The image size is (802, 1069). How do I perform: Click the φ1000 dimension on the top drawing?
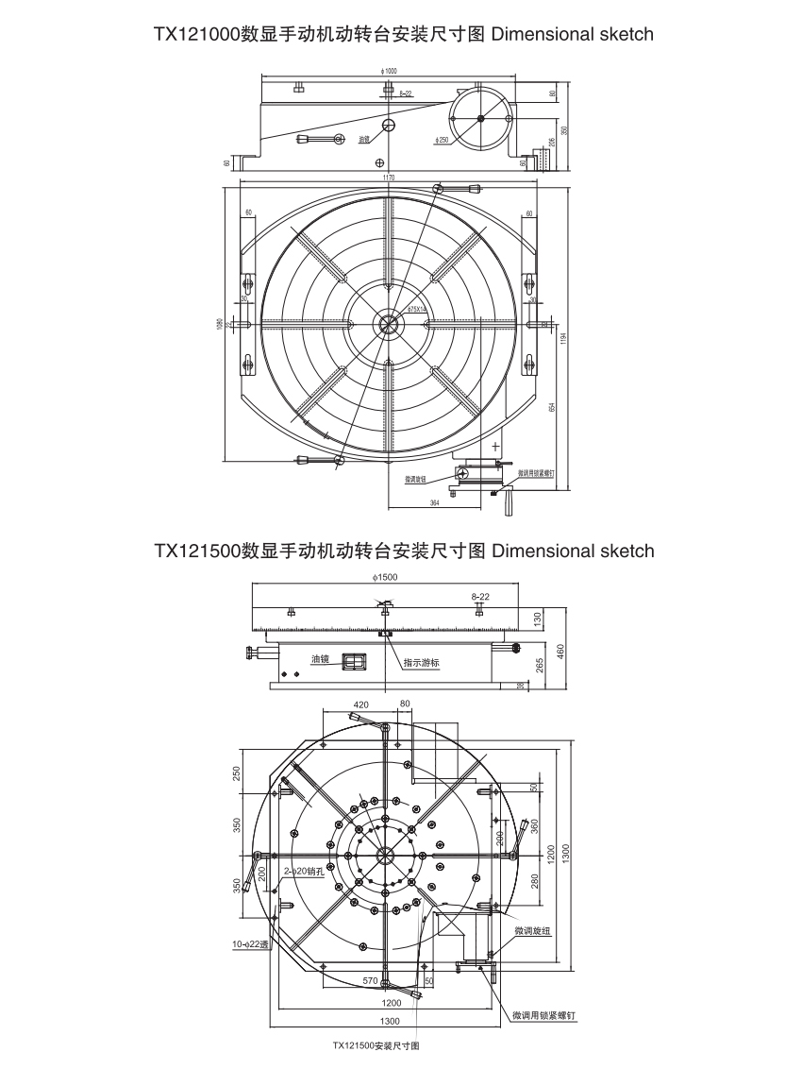click(386, 71)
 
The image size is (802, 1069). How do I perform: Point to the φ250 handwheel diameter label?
click(442, 141)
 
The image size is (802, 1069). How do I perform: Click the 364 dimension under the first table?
click(434, 503)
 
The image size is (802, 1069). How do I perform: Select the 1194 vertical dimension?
click(563, 337)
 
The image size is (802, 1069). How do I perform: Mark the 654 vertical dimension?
click(552, 406)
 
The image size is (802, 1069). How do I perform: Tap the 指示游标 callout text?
click(421, 663)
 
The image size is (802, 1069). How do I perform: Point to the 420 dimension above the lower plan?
click(361, 704)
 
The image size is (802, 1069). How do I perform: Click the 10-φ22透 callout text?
click(252, 943)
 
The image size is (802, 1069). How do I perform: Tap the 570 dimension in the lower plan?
click(371, 982)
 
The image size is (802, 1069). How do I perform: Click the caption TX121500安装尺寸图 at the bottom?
click(376, 1046)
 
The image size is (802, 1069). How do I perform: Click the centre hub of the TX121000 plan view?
click(388, 324)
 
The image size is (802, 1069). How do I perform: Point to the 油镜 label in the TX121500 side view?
click(322, 658)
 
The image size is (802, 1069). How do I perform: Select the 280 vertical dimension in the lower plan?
click(534, 882)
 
